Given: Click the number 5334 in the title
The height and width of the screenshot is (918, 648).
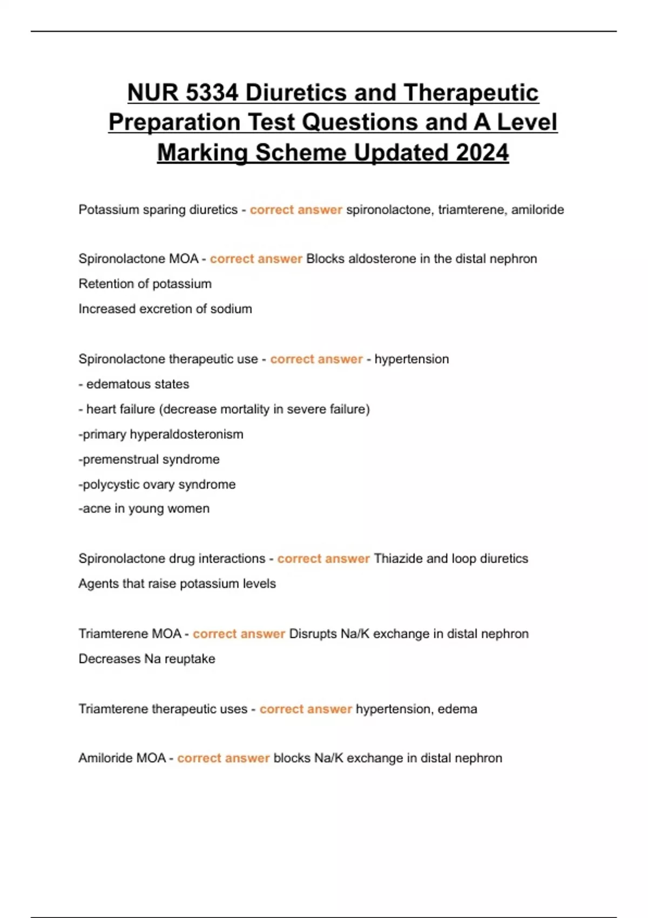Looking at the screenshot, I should point(211,93).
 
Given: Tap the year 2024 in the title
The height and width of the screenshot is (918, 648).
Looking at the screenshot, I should point(482,152).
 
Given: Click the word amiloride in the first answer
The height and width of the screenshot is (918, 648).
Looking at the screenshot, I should point(537,210).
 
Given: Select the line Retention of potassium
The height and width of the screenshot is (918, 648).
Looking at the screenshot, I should point(145,283).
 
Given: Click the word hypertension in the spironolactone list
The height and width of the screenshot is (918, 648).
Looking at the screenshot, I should point(411,359).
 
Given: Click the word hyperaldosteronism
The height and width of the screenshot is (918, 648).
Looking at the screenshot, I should point(186,434).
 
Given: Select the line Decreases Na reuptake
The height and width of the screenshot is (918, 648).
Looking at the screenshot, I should point(147,659).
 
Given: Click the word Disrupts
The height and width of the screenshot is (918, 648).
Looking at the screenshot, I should point(313,633).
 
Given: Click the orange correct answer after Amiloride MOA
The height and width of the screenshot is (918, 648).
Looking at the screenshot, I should point(223,758).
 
